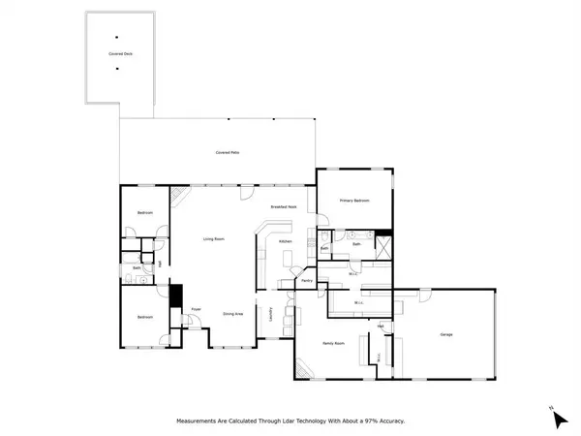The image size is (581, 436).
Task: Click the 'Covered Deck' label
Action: click(121, 55)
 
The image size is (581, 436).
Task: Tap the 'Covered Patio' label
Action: click(229, 153)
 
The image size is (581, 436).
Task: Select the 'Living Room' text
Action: click(214, 238)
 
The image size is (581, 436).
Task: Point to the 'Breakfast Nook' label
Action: click(284, 207)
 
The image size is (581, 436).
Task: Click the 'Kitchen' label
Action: click(285, 241)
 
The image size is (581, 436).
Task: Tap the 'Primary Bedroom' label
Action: click(354, 201)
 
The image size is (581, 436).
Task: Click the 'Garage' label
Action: click(446, 335)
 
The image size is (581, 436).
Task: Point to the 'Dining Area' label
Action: click(232, 314)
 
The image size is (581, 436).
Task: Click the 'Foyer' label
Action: click(195, 310)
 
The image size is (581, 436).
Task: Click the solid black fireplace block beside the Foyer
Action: click(176, 295)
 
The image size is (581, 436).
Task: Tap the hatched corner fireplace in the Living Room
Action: click(177, 197)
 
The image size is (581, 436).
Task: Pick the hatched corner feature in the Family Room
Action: click(305, 370)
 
